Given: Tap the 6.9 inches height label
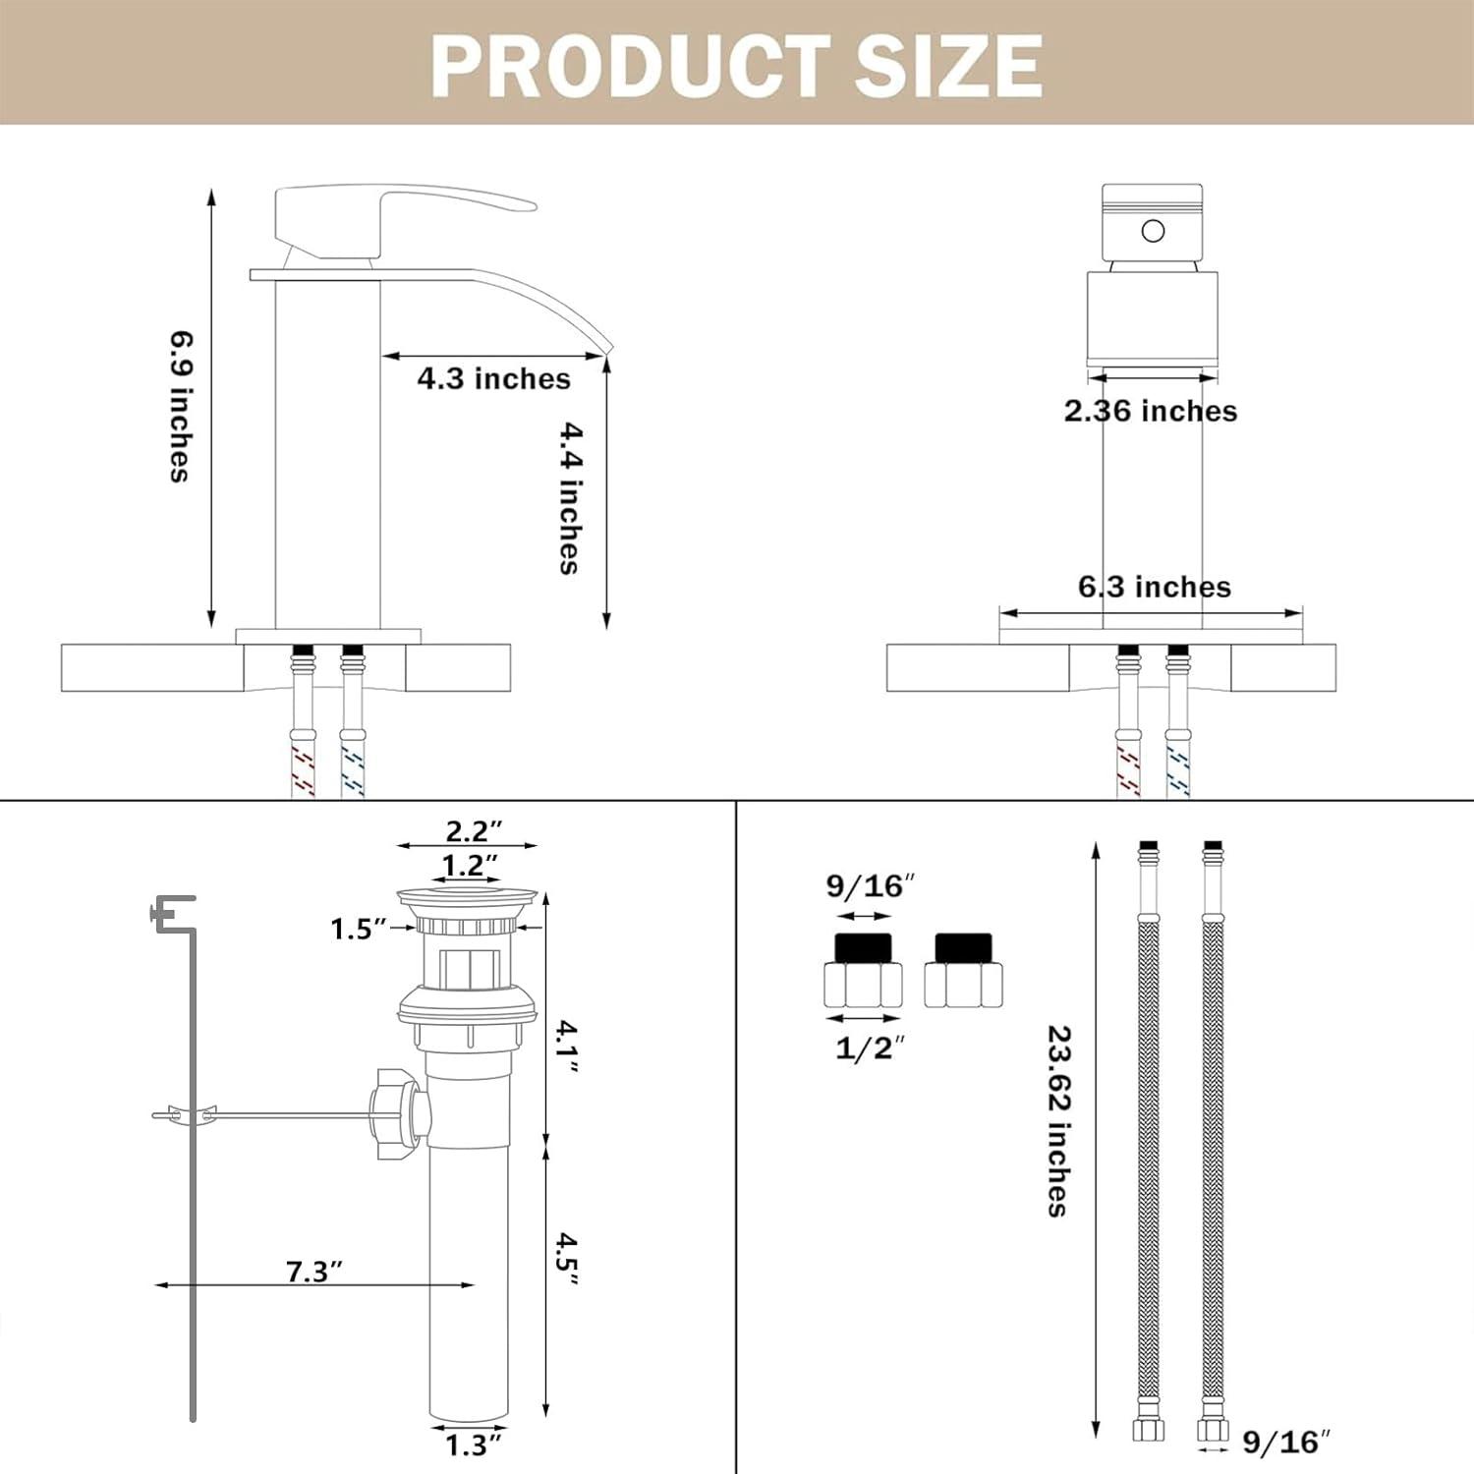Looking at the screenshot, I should pos(180,407).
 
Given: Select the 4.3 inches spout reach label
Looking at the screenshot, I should pos(493,378).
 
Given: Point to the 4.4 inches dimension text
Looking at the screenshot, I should pos(570,498).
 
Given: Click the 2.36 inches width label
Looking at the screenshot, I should pos(1150,411).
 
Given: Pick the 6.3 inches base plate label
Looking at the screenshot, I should pos(1154,587).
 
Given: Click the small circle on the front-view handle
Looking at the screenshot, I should pos(1153,231).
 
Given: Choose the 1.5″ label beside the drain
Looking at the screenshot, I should pos(358,929).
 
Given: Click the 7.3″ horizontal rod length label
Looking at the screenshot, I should pos(313,1272).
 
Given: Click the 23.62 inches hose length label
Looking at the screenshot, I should pos(1058,1120).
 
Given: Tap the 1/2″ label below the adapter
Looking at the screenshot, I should pos(869,1048).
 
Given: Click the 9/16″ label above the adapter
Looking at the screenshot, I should pos(870,886).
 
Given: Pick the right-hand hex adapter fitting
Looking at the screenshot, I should pos(963,973).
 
